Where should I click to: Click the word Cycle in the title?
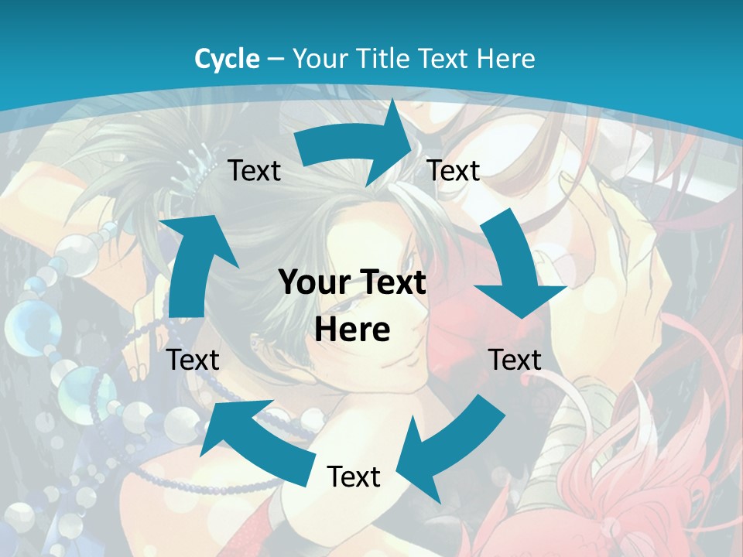[x=227, y=59]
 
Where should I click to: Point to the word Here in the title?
[x=506, y=59]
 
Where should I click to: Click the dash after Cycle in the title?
[x=276, y=59]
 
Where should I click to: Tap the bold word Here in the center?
[x=353, y=330]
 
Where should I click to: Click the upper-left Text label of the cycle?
[x=254, y=170]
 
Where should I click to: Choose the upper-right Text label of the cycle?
[x=454, y=170]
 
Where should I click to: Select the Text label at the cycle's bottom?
[x=354, y=477]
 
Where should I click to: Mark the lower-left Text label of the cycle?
[x=193, y=360]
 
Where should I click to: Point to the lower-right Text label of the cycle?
[x=515, y=360]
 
